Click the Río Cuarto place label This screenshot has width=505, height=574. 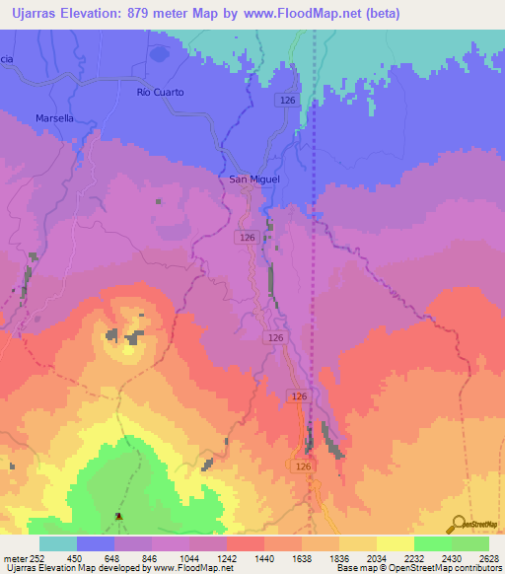tap(160, 92)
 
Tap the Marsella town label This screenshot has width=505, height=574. tap(54, 117)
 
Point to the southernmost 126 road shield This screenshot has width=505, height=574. tap(304, 466)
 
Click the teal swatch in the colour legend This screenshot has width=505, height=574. tap(58, 543)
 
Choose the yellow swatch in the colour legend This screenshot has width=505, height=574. tap(396, 543)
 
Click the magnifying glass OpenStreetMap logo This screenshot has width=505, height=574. tap(457, 523)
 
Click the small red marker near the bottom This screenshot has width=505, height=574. tap(119, 516)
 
